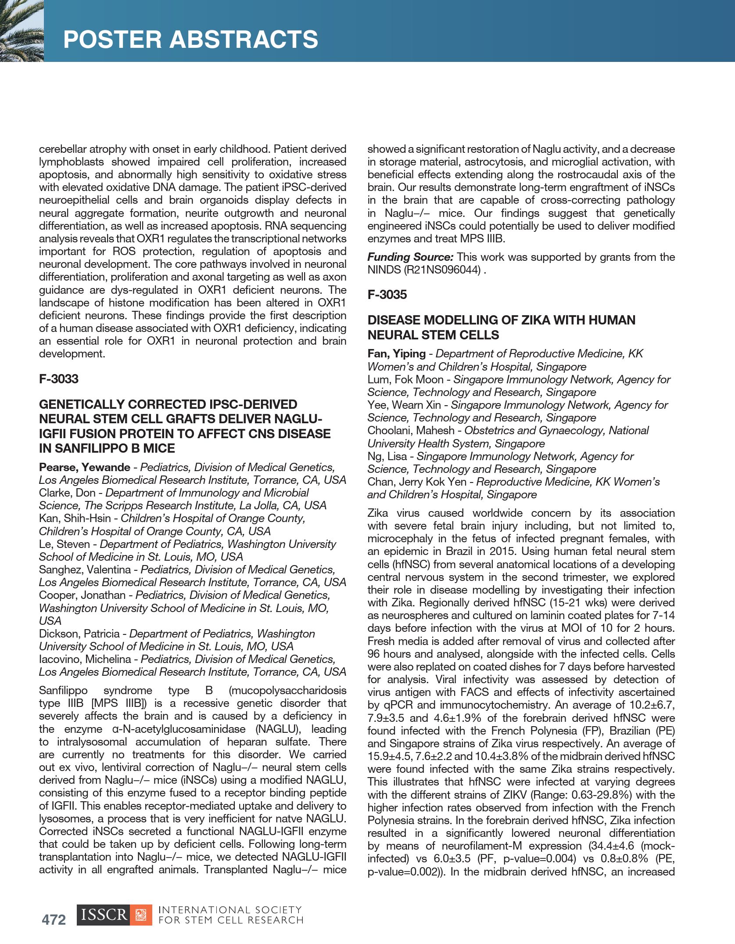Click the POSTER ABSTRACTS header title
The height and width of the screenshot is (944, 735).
190,40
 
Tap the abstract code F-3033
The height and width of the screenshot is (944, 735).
58,379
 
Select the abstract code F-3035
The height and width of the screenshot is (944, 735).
387,295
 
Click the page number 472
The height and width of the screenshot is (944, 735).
54,919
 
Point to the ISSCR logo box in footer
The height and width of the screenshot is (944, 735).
114,915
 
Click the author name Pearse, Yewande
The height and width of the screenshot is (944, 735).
84,467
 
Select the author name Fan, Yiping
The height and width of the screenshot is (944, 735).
396,353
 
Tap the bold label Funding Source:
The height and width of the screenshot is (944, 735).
410,257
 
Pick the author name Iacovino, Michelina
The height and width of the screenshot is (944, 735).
85,659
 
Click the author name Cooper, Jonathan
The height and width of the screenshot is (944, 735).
82,595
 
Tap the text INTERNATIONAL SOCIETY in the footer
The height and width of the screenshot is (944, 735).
230,910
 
